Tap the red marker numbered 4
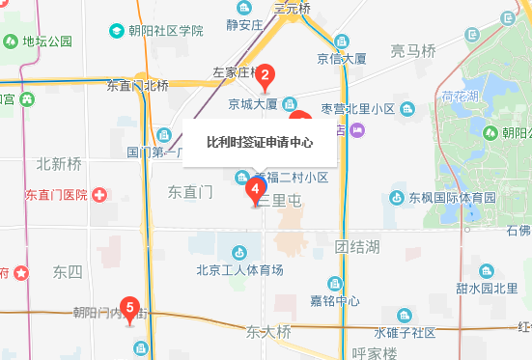click(255, 190)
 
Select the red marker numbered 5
click(131, 310)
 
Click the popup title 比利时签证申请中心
click(260, 142)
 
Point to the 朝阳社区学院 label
click(163, 31)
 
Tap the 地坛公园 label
click(48, 42)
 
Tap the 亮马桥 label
click(415, 50)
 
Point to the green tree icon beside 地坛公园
click(10, 42)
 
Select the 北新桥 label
click(59, 162)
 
